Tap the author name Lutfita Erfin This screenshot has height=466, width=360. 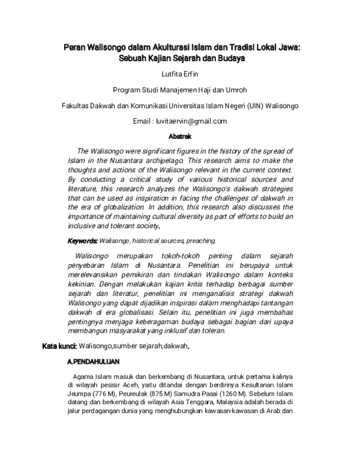click(179, 74)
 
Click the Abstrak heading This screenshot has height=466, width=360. click(180, 137)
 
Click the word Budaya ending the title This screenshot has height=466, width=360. click(233, 59)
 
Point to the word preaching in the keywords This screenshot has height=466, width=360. click(202, 241)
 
